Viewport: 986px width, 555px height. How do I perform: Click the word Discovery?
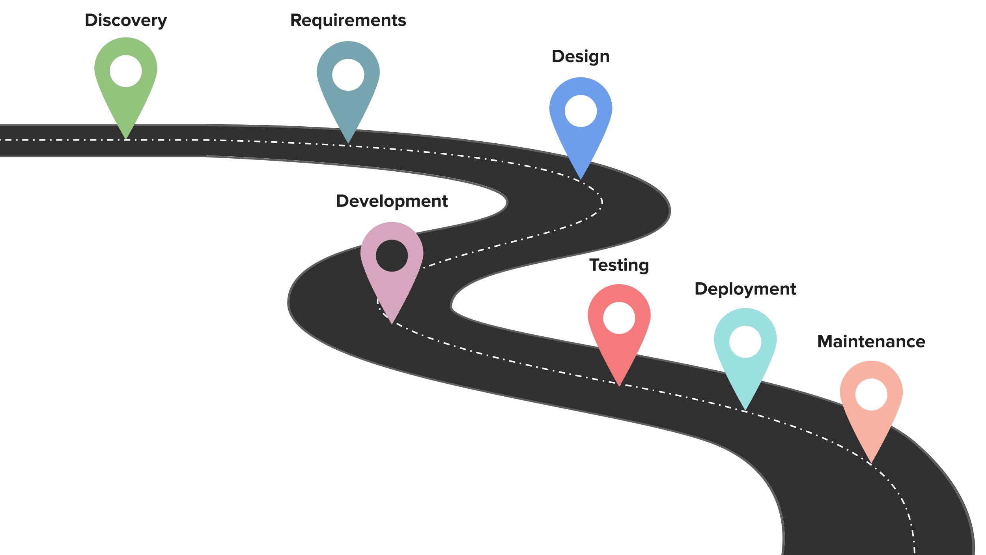[126, 21]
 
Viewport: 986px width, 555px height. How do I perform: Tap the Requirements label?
[348, 21]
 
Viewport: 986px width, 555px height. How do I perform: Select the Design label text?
[581, 56]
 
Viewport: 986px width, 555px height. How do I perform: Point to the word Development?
[392, 201]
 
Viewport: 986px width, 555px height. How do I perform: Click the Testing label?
[619, 265]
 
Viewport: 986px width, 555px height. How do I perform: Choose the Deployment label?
[745, 289]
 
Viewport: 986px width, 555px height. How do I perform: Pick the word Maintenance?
[871, 341]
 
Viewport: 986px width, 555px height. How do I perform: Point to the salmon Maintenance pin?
[871, 426]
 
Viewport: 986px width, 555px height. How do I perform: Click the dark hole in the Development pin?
[392, 255]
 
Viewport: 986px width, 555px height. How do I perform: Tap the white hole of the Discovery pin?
[126, 71]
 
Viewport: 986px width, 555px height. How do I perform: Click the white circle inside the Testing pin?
[619, 318]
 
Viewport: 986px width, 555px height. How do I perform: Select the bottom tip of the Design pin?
[581, 178]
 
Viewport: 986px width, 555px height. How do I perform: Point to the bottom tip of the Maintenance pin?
[871, 461]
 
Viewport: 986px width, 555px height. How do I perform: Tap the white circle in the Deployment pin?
[745, 342]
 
